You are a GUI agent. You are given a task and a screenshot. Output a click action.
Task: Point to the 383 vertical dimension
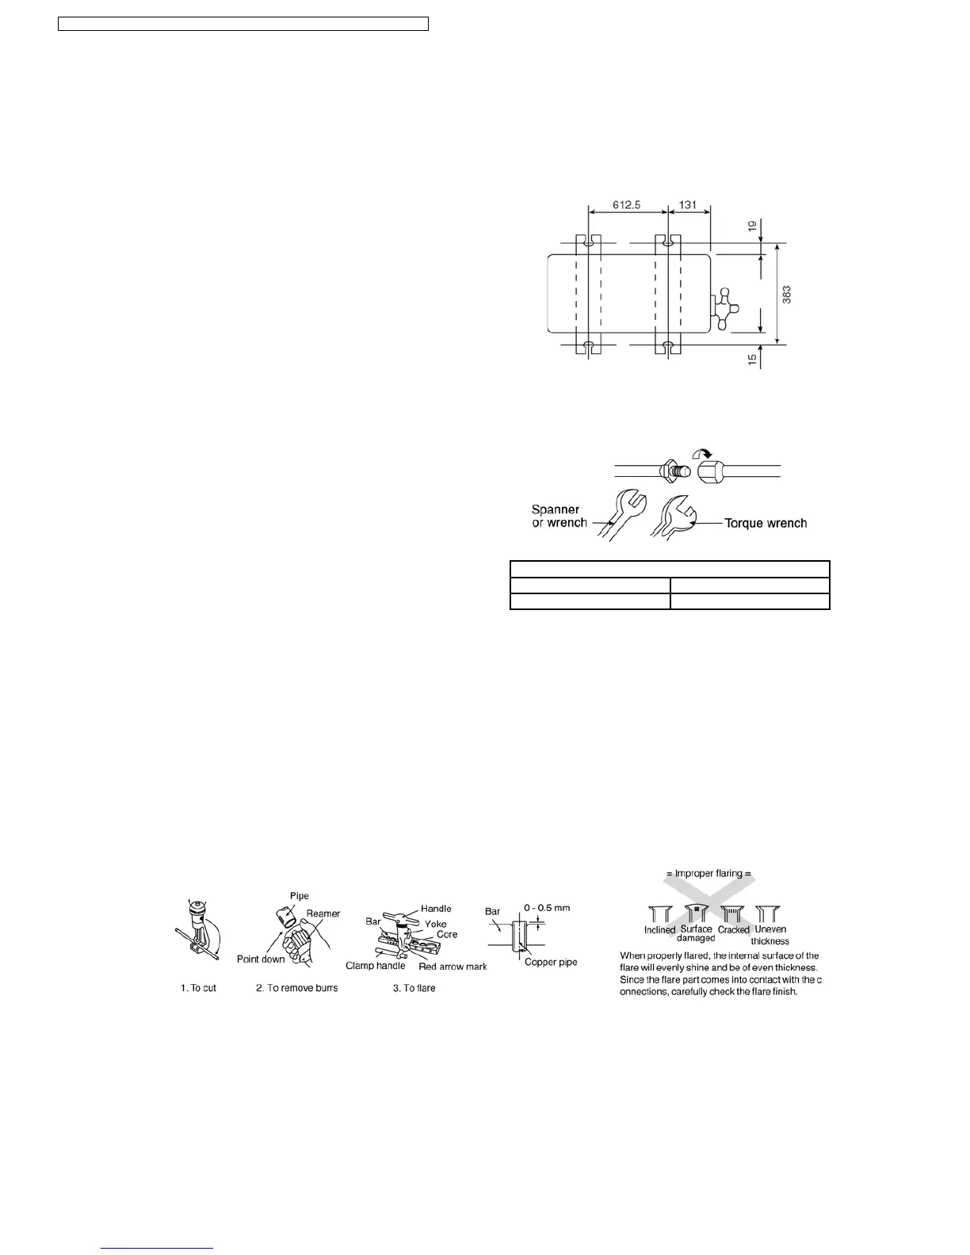coord(786,295)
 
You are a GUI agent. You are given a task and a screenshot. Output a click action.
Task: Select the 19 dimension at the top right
coord(751,227)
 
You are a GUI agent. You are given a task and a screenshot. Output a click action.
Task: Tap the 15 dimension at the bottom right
coord(751,358)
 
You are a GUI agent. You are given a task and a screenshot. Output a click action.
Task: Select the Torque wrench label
coord(766,523)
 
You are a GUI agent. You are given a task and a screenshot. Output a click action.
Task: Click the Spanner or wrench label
coord(559,516)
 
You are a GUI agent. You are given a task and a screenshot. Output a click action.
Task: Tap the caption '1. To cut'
coord(197,988)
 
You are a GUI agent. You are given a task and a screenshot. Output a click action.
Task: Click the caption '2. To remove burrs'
coord(296,988)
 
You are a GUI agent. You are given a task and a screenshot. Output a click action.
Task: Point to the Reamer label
coord(323,914)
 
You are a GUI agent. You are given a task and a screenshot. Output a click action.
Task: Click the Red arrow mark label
coord(453,966)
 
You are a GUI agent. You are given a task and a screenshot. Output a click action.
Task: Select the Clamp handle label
coord(375,966)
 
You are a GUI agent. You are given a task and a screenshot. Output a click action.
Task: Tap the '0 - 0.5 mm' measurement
coord(547,908)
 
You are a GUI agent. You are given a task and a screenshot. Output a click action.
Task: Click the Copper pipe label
coord(551,962)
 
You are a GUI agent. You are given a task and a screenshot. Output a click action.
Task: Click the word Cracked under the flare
coord(733,930)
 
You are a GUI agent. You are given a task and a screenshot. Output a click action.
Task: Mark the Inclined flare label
coord(659,930)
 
